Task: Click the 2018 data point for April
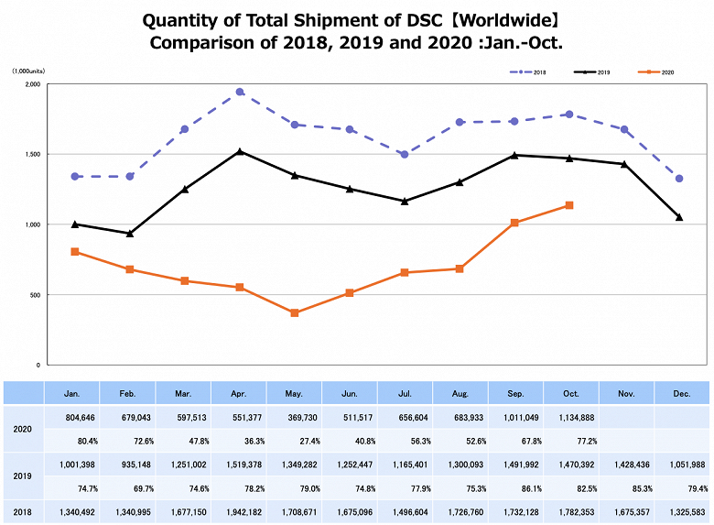239,92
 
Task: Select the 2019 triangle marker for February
129,234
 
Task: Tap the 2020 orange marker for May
294,313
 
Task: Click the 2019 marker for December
679,217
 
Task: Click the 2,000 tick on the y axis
31,84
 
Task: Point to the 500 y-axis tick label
33,295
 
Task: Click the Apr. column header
238,393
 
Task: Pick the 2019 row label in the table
23,476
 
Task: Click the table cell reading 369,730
293,417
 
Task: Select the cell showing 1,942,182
238,511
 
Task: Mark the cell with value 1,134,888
569,417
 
